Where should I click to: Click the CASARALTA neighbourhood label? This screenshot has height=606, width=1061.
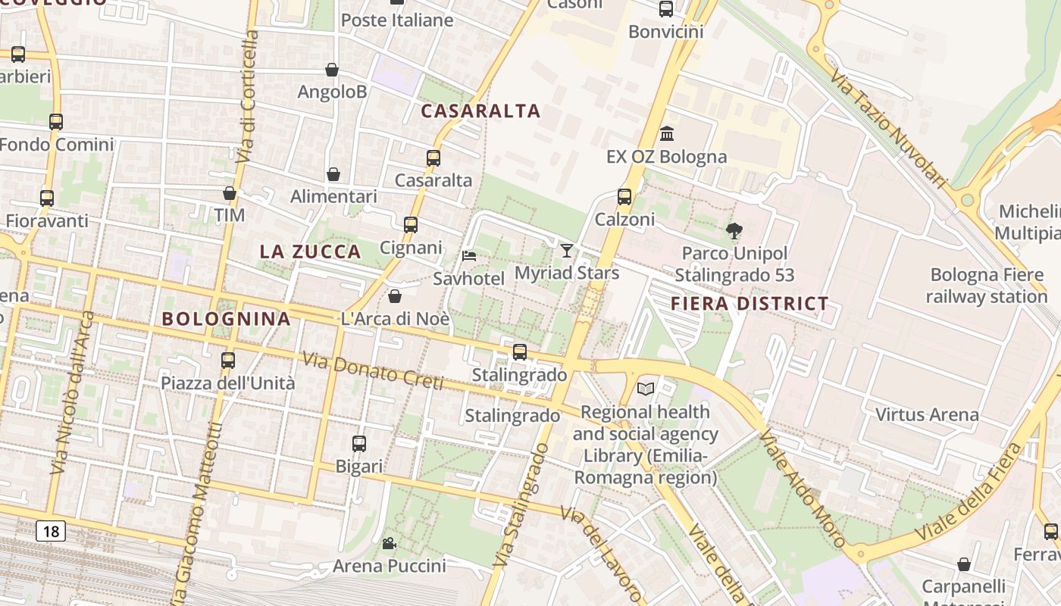(x=480, y=111)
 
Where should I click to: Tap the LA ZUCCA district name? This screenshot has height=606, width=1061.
(x=310, y=252)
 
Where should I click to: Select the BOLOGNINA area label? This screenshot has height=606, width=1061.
(x=227, y=319)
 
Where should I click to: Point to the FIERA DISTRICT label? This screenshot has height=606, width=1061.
(x=750, y=304)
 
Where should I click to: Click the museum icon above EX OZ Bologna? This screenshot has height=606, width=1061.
(x=667, y=134)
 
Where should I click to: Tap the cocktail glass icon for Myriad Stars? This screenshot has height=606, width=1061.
(x=567, y=250)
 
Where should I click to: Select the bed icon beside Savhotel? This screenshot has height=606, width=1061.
(x=469, y=256)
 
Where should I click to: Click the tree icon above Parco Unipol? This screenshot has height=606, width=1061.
(x=734, y=231)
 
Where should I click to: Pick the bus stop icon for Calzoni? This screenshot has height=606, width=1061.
(x=624, y=197)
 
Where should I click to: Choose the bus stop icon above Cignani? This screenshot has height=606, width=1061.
(x=411, y=225)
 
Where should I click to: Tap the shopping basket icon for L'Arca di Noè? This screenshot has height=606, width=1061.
(x=394, y=296)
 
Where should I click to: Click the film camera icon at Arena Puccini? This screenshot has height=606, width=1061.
(x=389, y=543)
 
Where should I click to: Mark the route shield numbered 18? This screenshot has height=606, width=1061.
(x=51, y=531)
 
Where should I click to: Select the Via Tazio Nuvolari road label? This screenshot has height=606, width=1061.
(x=888, y=129)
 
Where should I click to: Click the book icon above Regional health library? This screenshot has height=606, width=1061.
(x=646, y=389)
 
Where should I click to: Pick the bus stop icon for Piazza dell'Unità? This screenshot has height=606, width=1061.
(x=228, y=361)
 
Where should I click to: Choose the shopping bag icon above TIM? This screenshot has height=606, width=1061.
(x=230, y=194)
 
